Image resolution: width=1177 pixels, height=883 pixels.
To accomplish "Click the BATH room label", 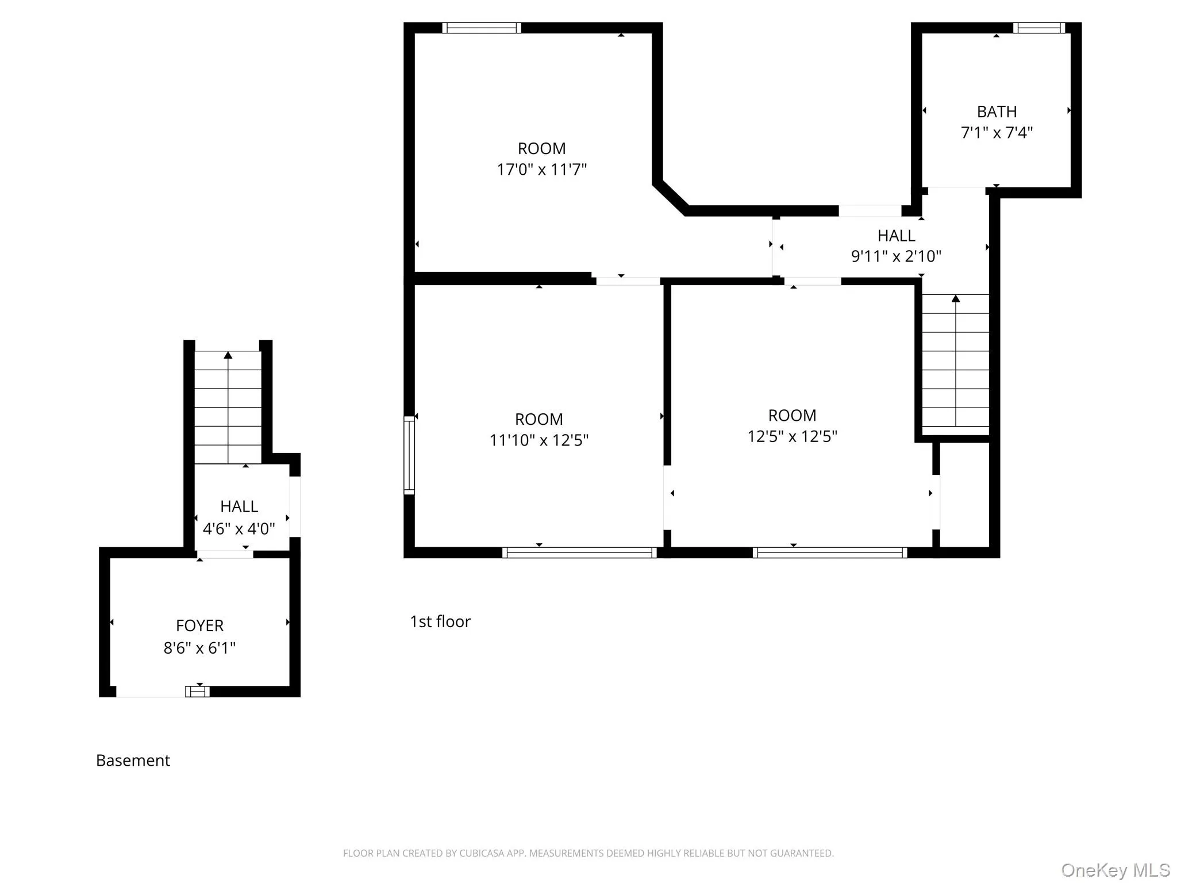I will [x=997, y=112].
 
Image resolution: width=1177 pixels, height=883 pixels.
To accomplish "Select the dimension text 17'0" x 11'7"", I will [x=541, y=170].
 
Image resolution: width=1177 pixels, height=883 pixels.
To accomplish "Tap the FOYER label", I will [x=199, y=625].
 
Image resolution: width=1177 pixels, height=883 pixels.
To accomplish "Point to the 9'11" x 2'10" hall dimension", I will [x=896, y=256].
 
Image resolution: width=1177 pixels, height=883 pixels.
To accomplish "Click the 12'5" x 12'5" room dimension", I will [x=792, y=436].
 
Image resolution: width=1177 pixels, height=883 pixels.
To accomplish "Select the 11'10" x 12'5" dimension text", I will [x=539, y=440].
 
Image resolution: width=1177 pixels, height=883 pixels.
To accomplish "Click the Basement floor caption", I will [x=133, y=761].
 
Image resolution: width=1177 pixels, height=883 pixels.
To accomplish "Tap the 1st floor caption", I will [x=440, y=621].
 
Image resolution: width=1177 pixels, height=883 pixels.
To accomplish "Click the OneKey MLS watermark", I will [x=1115, y=870].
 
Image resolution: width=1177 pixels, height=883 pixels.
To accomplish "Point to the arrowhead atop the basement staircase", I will [x=228, y=355].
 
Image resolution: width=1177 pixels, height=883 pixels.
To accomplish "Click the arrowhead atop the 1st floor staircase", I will [x=956, y=298].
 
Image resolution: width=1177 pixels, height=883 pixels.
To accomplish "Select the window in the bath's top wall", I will [x=1038, y=28].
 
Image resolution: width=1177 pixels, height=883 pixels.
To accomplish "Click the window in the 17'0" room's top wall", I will [x=482, y=28].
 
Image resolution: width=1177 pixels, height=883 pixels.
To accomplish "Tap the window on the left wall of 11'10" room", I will [x=409, y=455].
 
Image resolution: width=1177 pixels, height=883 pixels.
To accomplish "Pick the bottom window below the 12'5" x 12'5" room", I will [x=829, y=552].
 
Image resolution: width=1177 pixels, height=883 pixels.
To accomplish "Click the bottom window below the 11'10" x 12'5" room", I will [x=579, y=552].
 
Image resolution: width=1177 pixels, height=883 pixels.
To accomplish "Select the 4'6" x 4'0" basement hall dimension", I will [x=239, y=529].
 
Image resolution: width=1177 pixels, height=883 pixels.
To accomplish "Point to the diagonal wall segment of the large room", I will [x=671, y=198].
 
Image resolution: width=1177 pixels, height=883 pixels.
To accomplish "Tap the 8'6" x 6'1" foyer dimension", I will [x=199, y=648].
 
